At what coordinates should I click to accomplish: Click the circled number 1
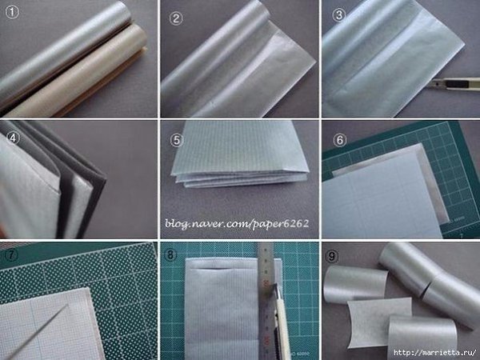[x=12, y=12]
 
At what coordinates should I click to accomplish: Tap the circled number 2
[x=176, y=18]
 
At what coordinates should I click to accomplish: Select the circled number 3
[x=339, y=14]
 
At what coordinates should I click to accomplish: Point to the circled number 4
[x=13, y=138]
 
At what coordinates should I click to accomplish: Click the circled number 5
[x=177, y=140]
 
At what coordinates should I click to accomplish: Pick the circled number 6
[x=340, y=140]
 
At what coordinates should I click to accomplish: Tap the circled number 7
[x=12, y=255]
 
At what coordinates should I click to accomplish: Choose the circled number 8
[x=170, y=254]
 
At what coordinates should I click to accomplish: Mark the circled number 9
[x=333, y=256]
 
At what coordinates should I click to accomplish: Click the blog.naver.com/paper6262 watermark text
[x=237, y=224]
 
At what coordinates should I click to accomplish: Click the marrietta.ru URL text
[x=434, y=353]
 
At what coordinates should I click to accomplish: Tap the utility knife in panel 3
[x=452, y=83]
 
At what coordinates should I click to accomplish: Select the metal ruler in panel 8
[x=266, y=302]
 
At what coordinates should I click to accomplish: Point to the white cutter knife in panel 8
[x=282, y=322]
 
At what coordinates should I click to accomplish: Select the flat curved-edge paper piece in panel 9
[x=379, y=322]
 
